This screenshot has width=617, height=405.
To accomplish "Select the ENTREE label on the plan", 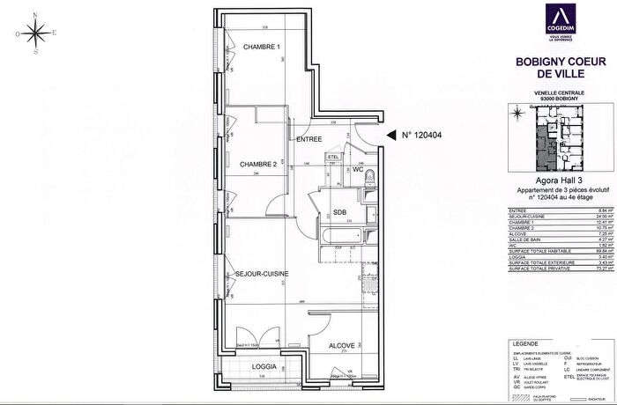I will (x=308, y=139).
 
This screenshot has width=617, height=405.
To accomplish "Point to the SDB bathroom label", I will (x=338, y=211).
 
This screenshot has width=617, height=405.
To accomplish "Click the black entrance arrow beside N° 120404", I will (x=390, y=136).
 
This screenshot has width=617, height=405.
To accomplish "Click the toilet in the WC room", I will (x=370, y=181).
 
